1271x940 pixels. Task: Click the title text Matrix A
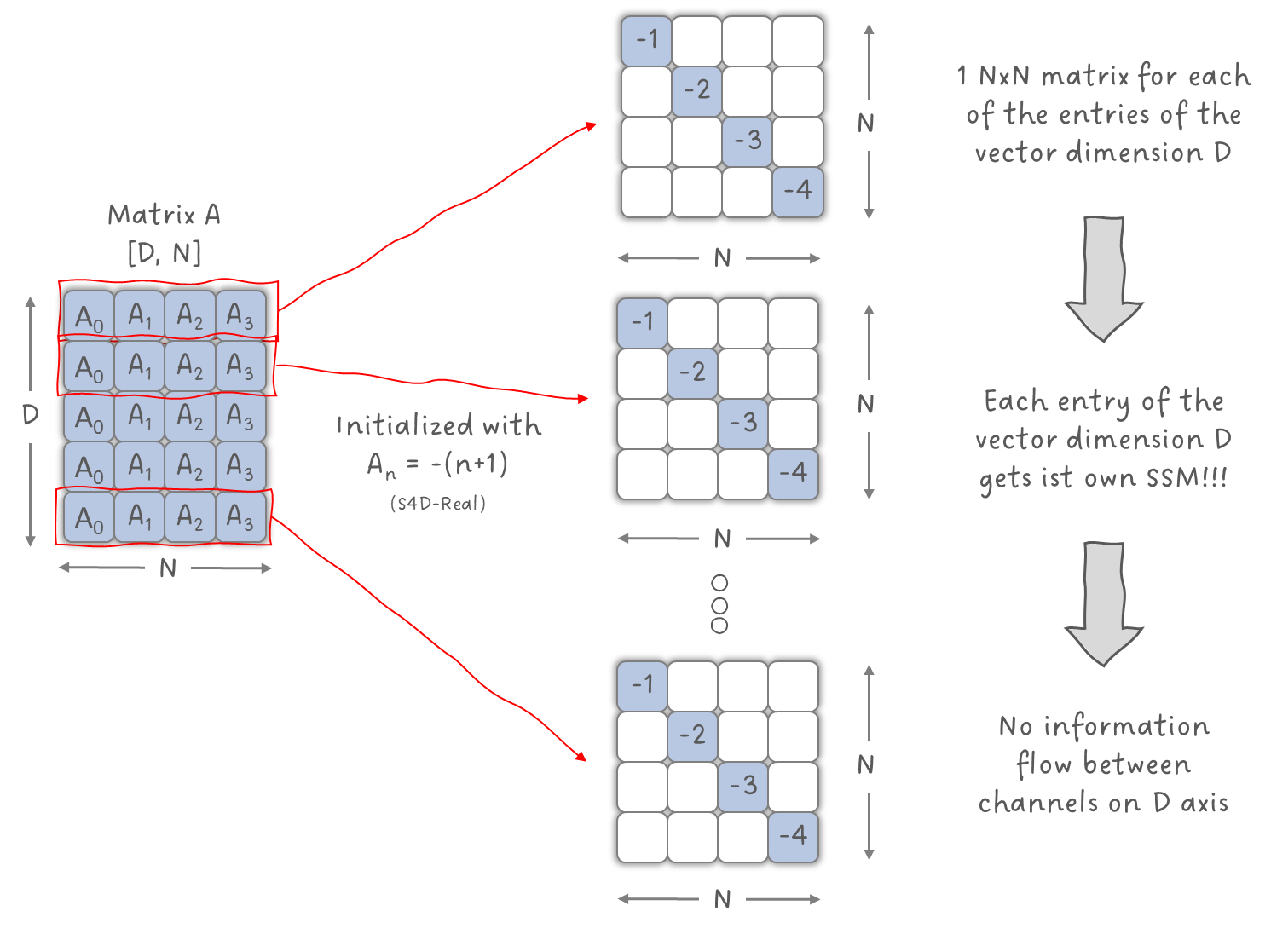pyautogui.click(x=164, y=215)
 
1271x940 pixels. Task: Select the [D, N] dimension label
pyautogui.click(x=164, y=253)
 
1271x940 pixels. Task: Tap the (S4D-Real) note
pyautogui.click(x=438, y=504)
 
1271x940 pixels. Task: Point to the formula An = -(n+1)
pyautogui.click(x=438, y=465)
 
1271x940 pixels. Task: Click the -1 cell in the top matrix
pyautogui.click(x=647, y=39)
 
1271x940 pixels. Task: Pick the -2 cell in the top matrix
pyautogui.click(x=696, y=89)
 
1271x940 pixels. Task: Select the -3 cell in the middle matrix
pyautogui.click(x=743, y=423)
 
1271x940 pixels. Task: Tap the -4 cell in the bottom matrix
pyautogui.click(x=793, y=835)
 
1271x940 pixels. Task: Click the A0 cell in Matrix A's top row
pyautogui.click(x=89, y=317)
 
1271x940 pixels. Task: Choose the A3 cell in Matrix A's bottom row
pyautogui.click(x=240, y=517)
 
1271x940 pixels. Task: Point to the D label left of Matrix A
pyautogui.click(x=31, y=415)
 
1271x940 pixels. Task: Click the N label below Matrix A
pyautogui.click(x=168, y=568)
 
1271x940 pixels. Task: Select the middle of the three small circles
pyautogui.click(x=719, y=605)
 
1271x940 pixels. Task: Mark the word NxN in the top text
pyautogui.click(x=1004, y=77)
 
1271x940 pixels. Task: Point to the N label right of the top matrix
pyautogui.click(x=866, y=124)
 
